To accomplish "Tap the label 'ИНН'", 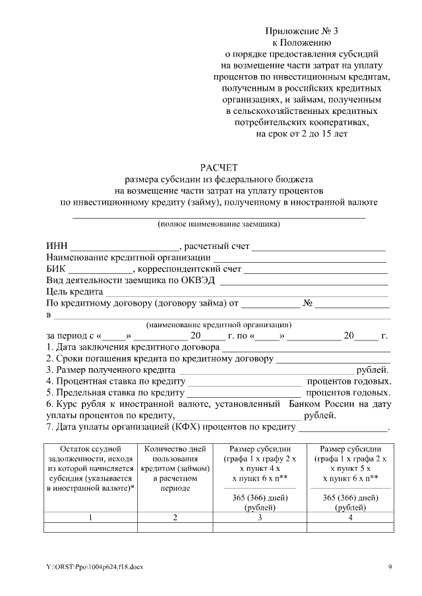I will pos(56,246).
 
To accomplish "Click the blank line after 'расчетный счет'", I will pos(319,247).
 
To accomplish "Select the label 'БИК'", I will pos(56,269).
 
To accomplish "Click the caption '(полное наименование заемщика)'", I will pos(218,224).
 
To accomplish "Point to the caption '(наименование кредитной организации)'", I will pos(218,325).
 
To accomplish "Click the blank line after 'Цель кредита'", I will pos(247,292).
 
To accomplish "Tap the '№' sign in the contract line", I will pos(307,304).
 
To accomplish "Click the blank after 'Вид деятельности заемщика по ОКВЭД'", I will pos(303,281).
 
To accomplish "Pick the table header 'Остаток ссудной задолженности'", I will pos(90,470).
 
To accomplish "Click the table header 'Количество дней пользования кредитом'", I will pos(175,470).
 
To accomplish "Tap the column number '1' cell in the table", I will pos(90,518).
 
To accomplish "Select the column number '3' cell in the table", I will pos(260,518).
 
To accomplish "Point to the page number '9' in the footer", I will pos(390,567).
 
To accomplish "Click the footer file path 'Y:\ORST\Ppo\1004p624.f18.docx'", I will pos(90,567).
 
